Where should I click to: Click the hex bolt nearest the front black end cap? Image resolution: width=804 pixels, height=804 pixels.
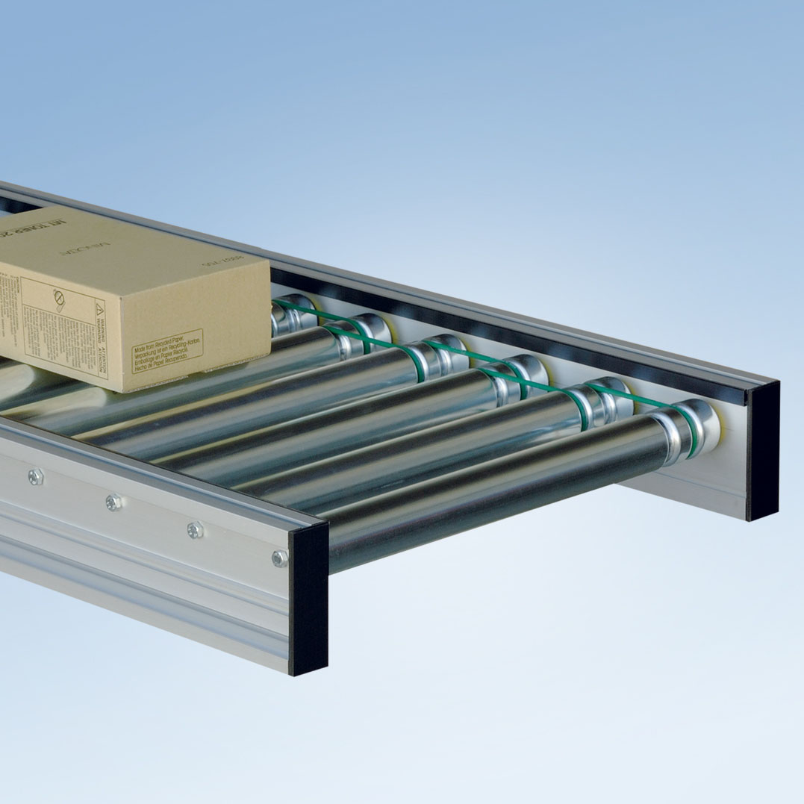pos(279,557)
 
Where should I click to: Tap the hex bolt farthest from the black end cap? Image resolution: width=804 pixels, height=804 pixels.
pos(34,476)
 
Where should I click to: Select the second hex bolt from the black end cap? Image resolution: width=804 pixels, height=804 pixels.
pos(195,529)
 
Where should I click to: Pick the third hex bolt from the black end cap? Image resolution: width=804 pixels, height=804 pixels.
pos(113,502)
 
